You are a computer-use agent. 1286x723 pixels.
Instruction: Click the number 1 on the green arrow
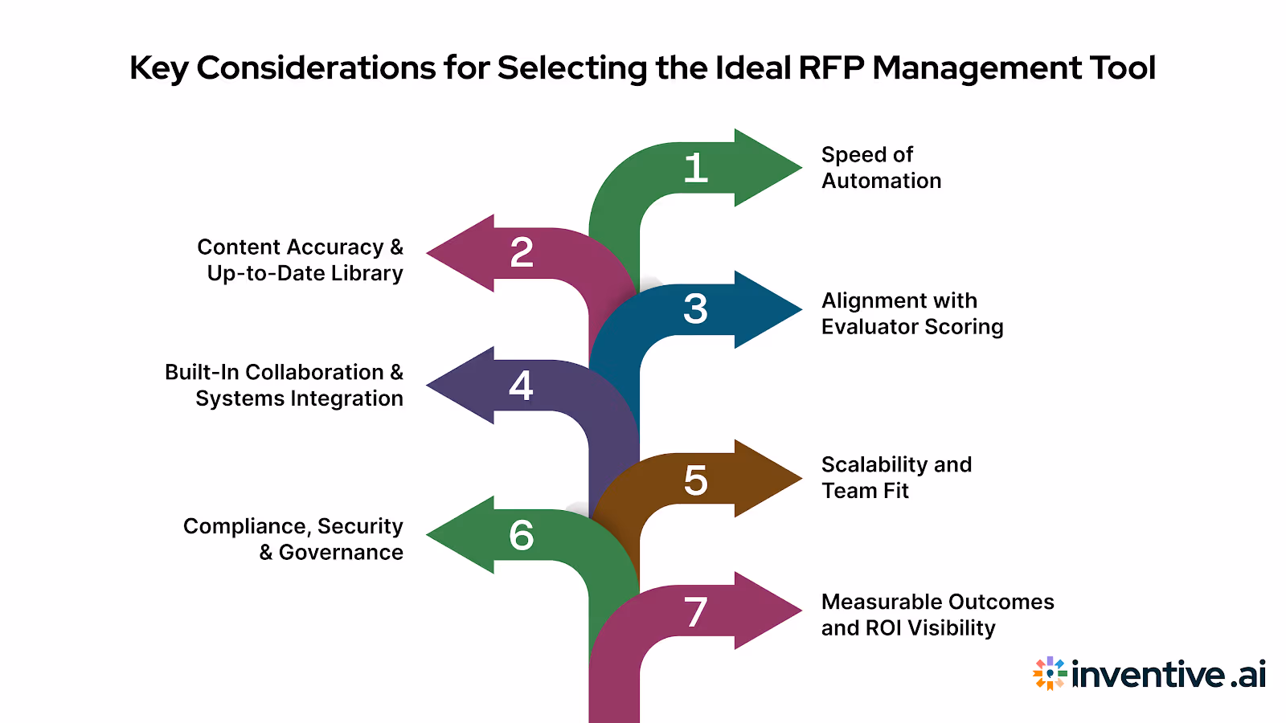696,169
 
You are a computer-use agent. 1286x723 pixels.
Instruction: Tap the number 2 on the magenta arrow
522,253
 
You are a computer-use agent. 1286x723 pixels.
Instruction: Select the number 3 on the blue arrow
696,309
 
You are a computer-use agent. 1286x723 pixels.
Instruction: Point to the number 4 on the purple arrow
521,386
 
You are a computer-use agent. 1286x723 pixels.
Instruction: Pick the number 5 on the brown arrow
696,480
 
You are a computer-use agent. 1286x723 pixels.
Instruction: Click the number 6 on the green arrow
521,536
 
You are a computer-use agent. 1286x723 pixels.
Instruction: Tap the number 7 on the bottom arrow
696,613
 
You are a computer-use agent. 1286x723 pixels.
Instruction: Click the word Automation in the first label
881,181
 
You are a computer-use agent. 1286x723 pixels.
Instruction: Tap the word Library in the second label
367,274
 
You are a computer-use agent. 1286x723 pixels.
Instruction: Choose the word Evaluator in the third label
870,327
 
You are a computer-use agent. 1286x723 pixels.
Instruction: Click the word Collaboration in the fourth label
314,373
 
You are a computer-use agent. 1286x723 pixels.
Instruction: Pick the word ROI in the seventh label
883,628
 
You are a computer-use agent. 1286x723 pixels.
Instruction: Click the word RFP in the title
831,68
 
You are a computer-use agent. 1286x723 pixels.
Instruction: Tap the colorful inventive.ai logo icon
1050,673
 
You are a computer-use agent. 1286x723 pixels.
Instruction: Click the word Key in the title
158,68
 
